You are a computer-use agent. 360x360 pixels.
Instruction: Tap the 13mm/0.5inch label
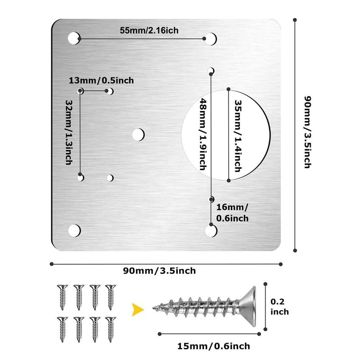coord(101,81)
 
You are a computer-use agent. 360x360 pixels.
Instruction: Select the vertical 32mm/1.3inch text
coord(68,132)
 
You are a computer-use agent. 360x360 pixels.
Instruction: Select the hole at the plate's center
coord(138,134)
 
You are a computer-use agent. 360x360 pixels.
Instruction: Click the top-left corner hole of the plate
coord(74,38)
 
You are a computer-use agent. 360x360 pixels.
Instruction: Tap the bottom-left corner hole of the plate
coord(74,230)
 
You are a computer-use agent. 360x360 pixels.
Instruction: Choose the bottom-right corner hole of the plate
coord(210,230)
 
